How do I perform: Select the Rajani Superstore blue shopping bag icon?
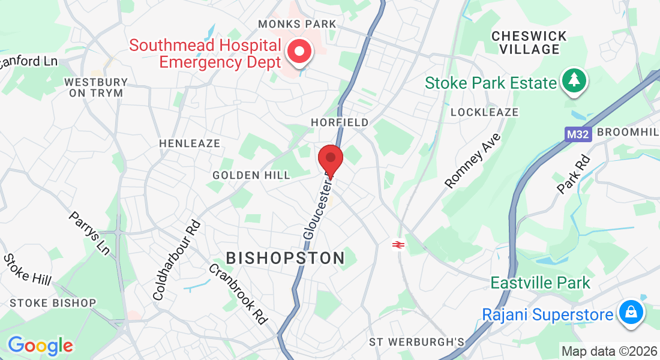631,313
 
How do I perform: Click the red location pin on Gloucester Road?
330,159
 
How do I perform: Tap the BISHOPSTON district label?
286,258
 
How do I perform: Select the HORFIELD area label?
340,122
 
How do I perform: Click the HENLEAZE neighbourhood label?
190,143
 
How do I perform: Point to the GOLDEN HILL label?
251,175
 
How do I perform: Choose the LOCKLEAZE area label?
484,112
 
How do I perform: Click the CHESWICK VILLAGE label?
529,43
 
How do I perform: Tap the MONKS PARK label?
297,24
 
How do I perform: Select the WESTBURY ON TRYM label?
95,88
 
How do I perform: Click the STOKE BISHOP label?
53,303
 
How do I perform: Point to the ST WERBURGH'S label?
417,342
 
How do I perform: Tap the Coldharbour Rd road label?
176,260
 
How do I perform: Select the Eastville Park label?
541,282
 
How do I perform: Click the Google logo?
40,345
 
